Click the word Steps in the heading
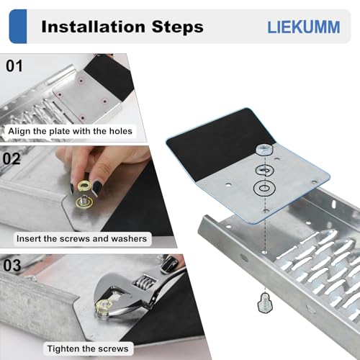click(x=177, y=27)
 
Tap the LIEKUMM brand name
click(x=302, y=27)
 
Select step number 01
click(x=14, y=66)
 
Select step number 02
click(x=14, y=158)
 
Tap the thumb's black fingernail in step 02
click(x=97, y=187)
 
